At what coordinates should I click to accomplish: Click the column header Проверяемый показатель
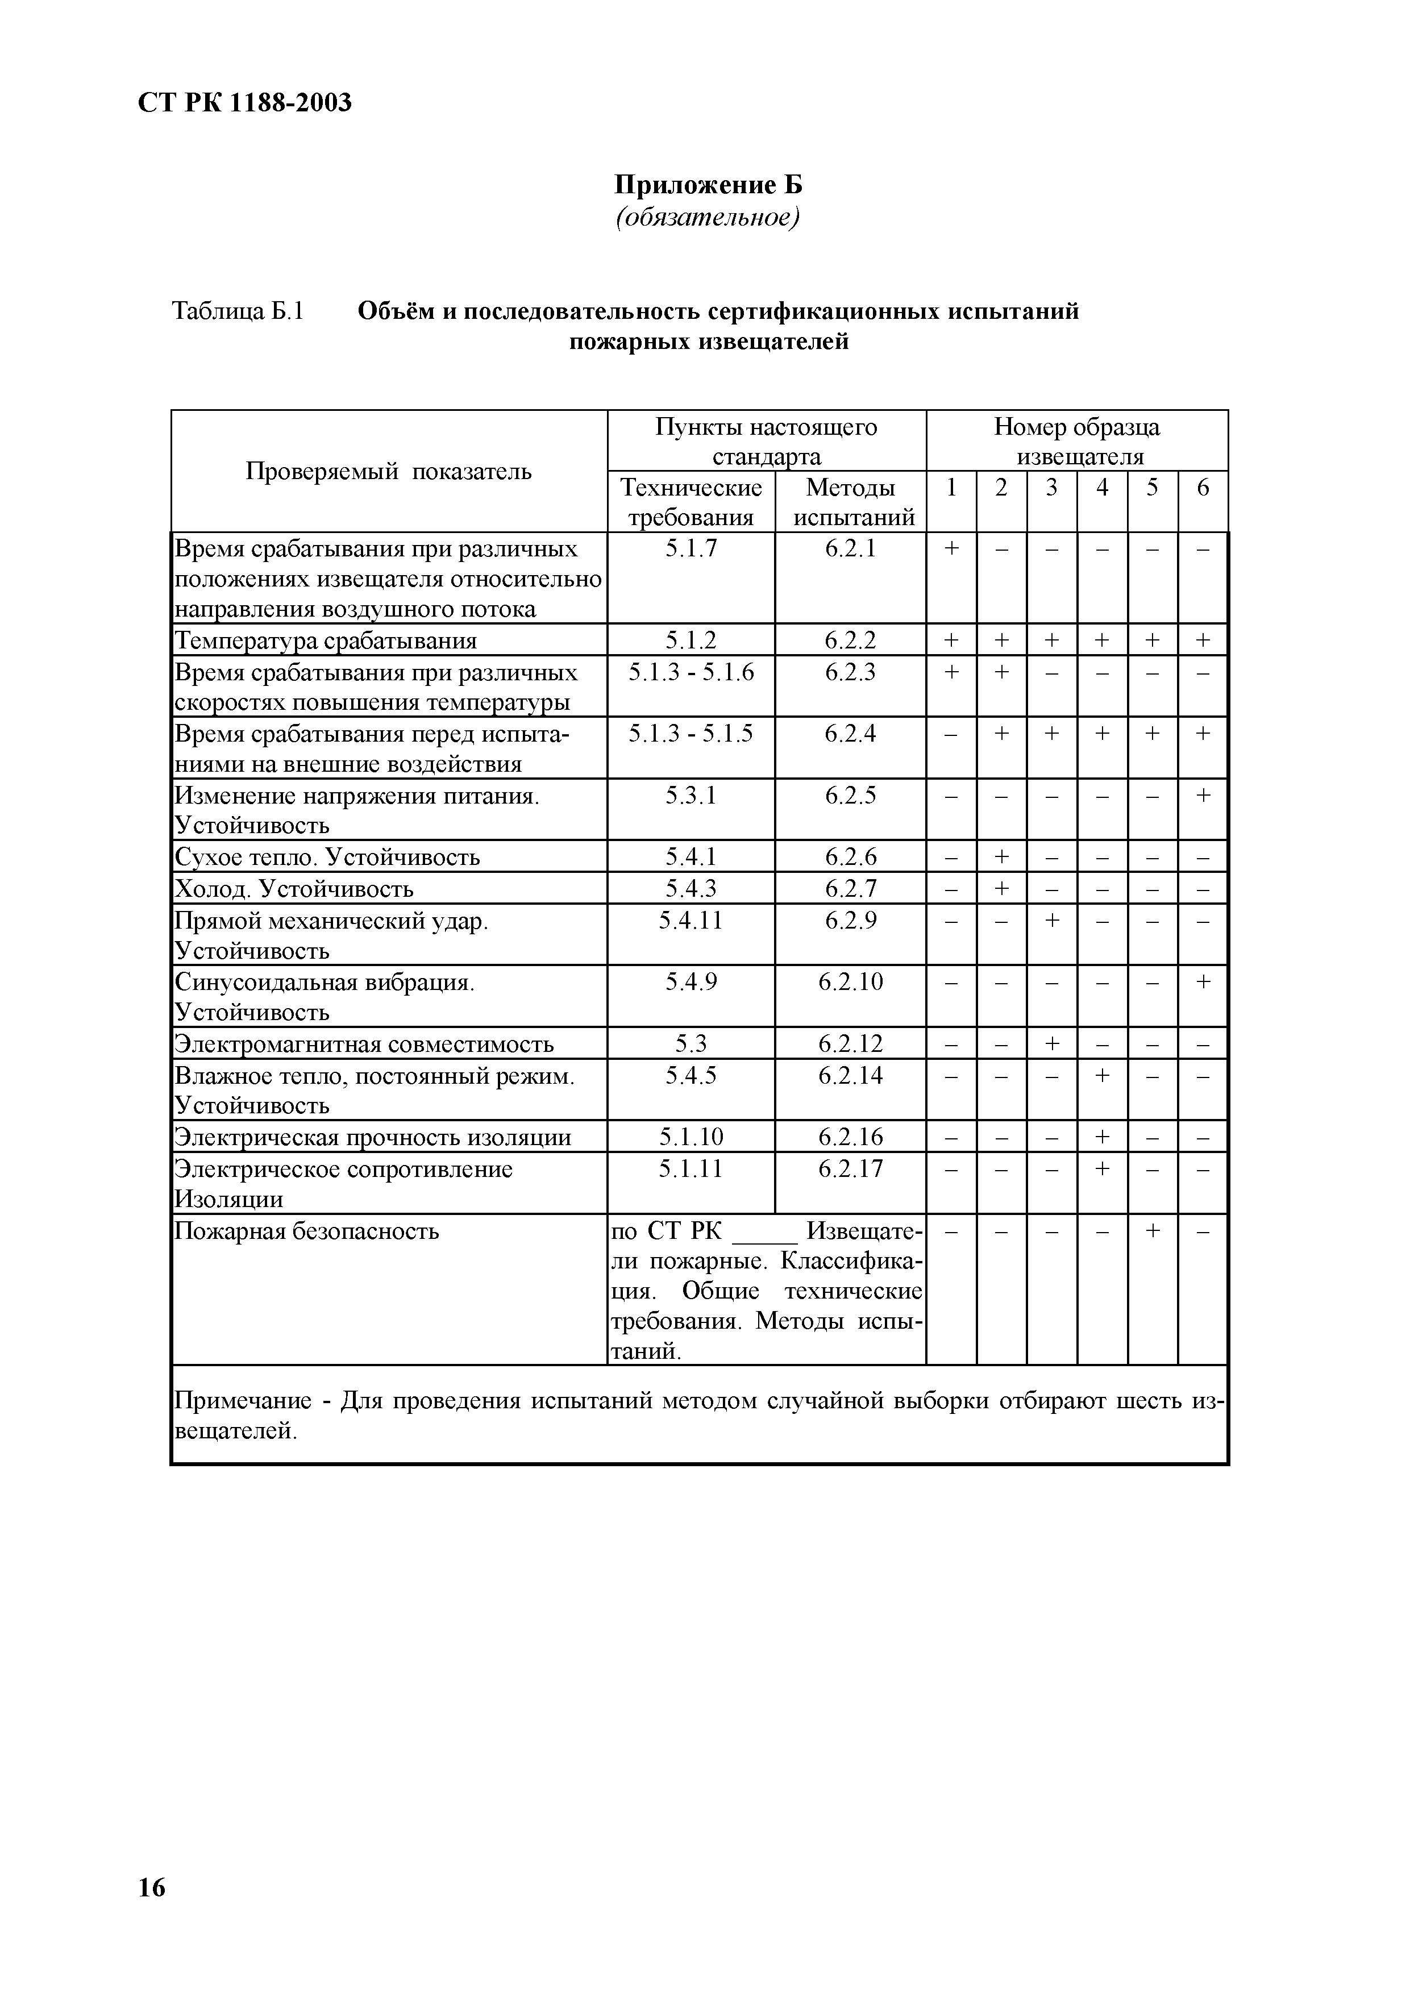click(x=388, y=471)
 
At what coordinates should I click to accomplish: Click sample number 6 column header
click(x=1203, y=488)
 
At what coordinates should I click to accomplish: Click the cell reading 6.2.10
click(x=850, y=982)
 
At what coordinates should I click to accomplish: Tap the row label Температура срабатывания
click(x=326, y=640)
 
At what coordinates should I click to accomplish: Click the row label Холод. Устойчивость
click(x=294, y=889)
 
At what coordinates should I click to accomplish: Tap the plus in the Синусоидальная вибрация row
click(x=1203, y=982)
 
